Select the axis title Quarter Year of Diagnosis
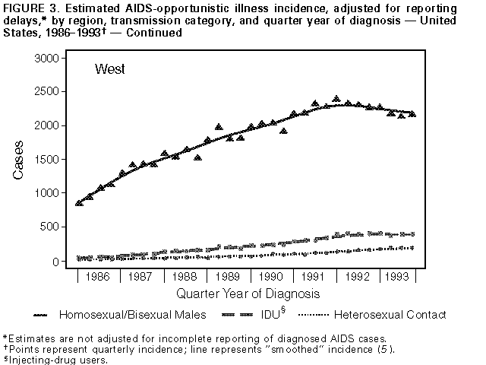pyautogui.click(x=248, y=293)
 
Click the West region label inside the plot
pyautogui.click(x=110, y=69)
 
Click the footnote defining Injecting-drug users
pyautogui.click(x=56, y=360)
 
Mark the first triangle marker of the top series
pyautogui.click(x=79, y=203)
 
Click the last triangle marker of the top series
pyautogui.click(x=412, y=113)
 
